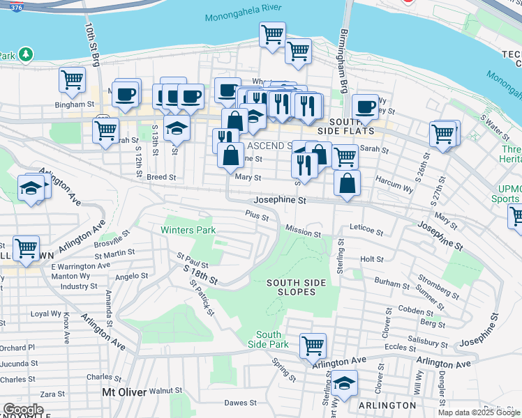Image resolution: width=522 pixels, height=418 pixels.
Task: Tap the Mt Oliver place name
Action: point(124,392)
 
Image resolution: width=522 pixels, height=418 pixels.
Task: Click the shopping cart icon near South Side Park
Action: point(313,344)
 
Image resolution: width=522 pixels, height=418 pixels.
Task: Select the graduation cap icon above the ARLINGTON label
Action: point(343,383)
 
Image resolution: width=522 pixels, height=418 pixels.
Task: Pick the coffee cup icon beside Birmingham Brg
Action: point(364,106)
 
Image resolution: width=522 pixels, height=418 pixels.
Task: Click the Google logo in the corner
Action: point(22,410)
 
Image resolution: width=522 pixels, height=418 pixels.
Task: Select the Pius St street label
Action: point(256,217)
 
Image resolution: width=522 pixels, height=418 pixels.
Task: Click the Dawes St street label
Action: point(241,403)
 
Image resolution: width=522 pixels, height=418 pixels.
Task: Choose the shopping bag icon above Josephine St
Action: point(347,184)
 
